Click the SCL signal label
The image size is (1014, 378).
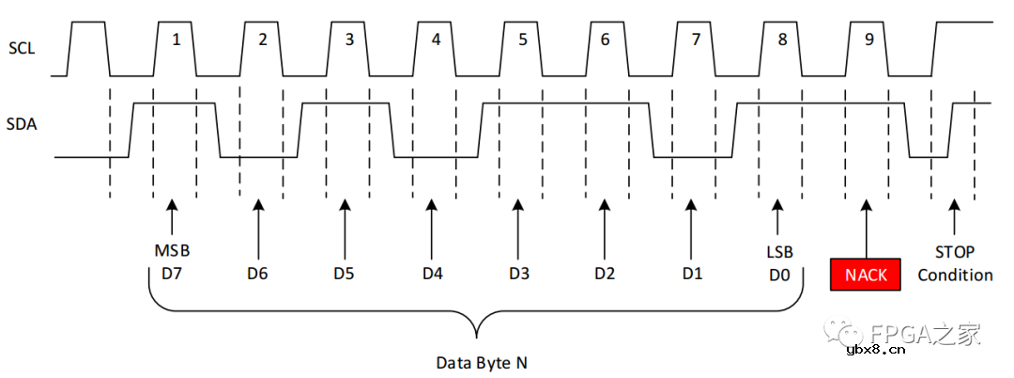[x=22, y=47]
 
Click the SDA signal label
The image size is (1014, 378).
[x=22, y=123]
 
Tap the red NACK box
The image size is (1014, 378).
[x=865, y=276]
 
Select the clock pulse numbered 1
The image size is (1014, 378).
[x=175, y=39]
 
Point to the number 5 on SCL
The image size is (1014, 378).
[x=522, y=39]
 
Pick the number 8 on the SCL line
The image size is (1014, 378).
[x=781, y=39]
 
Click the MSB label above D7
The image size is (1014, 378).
[x=172, y=252]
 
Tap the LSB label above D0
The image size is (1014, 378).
[x=778, y=252]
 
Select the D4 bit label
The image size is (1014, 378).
[x=432, y=274]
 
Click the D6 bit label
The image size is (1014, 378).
[x=258, y=274]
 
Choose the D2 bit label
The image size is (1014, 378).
[x=605, y=274]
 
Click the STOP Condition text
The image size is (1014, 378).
[x=955, y=264]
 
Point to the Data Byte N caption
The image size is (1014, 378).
[x=476, y=362]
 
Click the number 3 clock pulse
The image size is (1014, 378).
[x=349, y=39]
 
